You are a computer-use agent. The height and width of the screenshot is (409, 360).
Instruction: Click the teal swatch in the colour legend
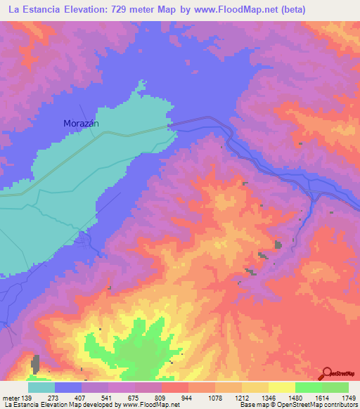(41, 388)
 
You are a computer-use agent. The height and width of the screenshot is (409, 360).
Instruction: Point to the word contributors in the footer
(339, 405)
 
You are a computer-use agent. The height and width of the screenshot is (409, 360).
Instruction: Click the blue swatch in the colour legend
(68, 388)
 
